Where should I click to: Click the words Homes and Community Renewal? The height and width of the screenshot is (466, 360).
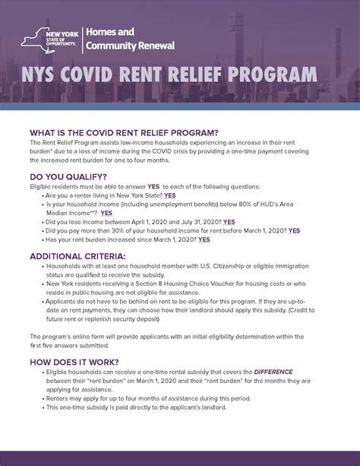tap(130, 39)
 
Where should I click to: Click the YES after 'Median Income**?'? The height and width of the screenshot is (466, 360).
tap(106, 213)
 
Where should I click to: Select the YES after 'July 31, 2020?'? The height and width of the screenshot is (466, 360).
tap(229, 222)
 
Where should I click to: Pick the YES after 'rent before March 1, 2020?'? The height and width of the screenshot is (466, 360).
tap(294, 230)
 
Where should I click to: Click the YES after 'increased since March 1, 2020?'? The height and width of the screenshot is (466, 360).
tap(204, 239)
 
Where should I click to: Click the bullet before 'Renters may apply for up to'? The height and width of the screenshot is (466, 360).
tap(41, 398)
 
